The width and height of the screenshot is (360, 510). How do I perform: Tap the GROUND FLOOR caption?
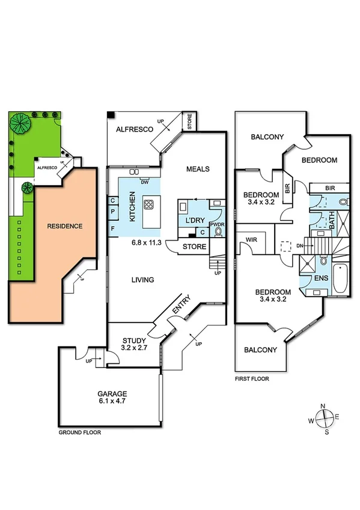(x=79, y=432)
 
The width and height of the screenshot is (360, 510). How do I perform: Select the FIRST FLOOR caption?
(x=252, y=379)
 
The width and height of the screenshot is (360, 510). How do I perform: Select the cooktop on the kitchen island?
(x=148, y=204)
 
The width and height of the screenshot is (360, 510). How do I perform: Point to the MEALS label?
(x=198, y=169)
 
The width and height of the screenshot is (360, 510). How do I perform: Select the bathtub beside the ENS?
(x=339, y=278)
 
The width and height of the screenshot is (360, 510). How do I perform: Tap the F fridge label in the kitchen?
(x=112, y=229)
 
